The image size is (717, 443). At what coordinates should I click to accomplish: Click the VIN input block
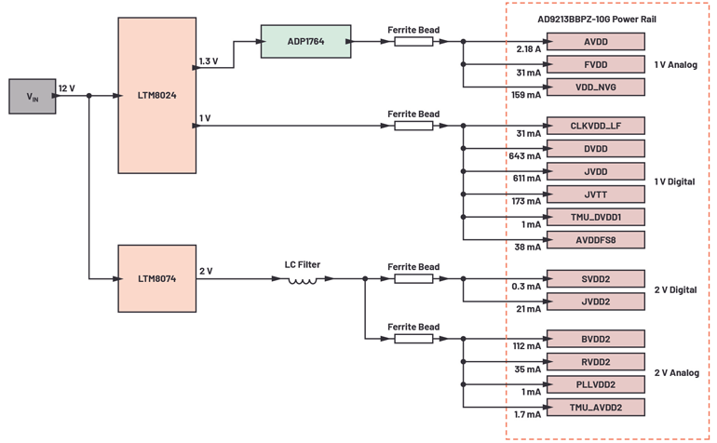coord(32,97)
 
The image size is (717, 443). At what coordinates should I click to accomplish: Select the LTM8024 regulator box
coord(157,95)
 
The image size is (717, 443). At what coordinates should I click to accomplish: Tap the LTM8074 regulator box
coord(157,278)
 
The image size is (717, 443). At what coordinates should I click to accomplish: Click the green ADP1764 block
coord(304,41)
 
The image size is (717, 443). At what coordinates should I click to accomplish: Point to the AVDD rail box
coord(595,42)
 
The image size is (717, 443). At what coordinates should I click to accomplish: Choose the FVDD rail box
coord(595,64)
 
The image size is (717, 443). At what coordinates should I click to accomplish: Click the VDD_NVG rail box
coord(595,87)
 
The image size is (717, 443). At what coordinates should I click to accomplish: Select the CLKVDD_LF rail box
coord(595,126)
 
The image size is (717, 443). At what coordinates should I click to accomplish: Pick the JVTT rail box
coord(595,194)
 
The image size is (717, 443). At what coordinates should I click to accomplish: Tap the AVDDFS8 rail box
coord(595,239)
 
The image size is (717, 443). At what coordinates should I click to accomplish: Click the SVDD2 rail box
coord(595,278)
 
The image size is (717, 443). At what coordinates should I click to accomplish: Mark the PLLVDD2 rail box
coord(595,383)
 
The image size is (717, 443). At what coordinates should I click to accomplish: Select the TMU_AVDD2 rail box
coord(595,407)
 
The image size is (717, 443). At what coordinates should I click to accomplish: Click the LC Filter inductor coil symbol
coord(303,279)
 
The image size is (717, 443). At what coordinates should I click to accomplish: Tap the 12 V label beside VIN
coord(66,88)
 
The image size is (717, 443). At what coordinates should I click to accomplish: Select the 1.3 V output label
coord(209,61)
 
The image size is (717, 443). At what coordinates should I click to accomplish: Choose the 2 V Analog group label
coord(676,372)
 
